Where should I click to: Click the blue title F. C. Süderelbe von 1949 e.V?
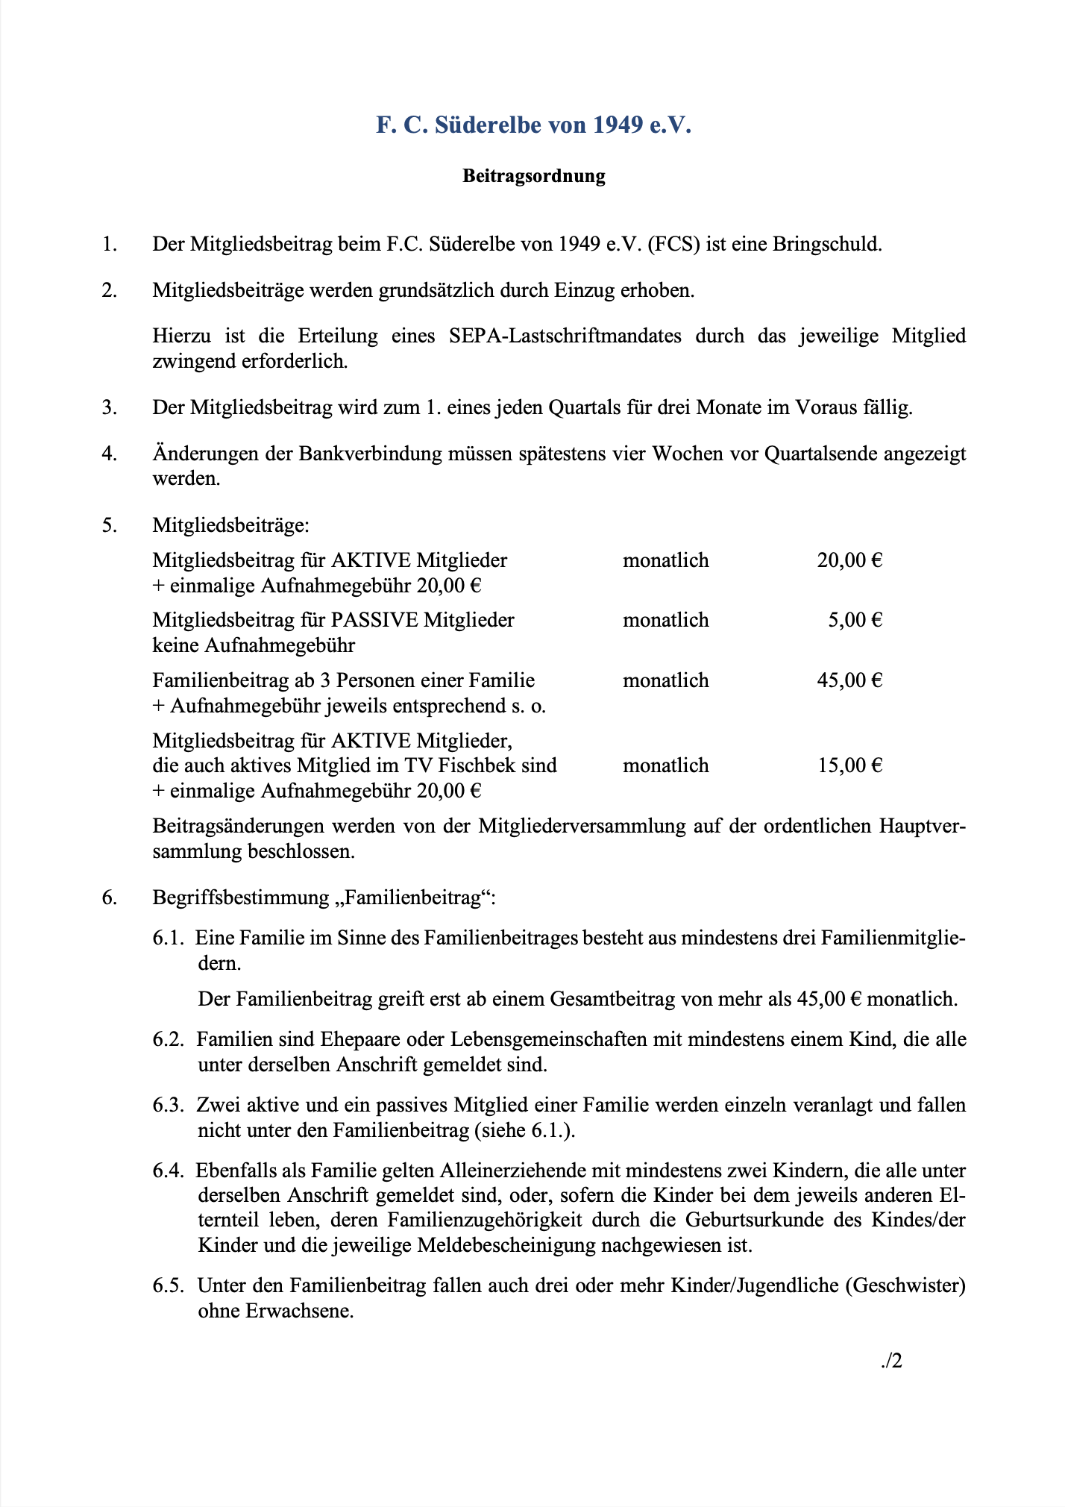(x=533, y=125)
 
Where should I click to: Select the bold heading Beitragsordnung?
(x=533, y=176)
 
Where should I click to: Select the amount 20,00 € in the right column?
(x=849, y=560)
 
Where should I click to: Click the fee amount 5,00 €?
(x=855, y=620)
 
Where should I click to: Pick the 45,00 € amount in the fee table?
(x=849, y=680)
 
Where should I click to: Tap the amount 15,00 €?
(x=849, y=765)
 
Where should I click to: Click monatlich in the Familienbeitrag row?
(x=665, y=680)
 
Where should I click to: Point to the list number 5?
(x=110, y=525)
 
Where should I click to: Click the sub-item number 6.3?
(x=168, y=1105)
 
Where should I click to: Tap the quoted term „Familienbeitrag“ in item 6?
(x=412, y=897)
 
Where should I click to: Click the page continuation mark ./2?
(x=891, y=1361)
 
